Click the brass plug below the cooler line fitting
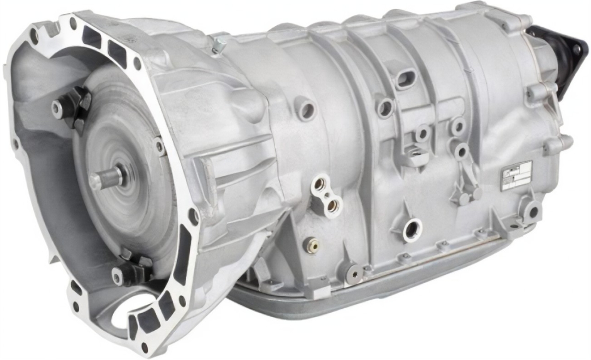(x=311, y=244)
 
